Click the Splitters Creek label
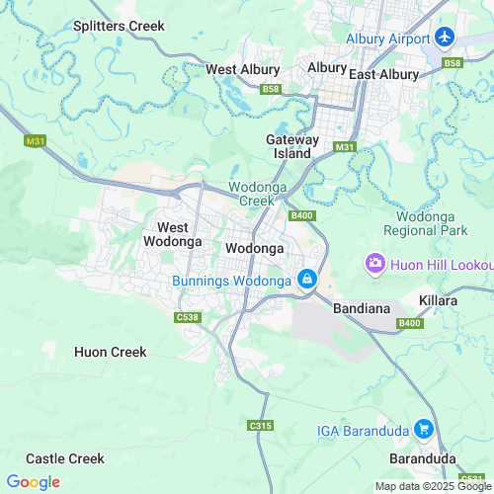119,26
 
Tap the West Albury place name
242,69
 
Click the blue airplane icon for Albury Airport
444,39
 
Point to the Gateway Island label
292,146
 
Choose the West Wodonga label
173,234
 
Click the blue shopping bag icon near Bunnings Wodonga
308,281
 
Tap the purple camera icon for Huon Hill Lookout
375,263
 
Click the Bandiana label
363,308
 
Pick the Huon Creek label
111,352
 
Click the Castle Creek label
65,458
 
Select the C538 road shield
187,317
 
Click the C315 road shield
260,425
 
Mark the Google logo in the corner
33,482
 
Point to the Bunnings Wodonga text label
232,282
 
